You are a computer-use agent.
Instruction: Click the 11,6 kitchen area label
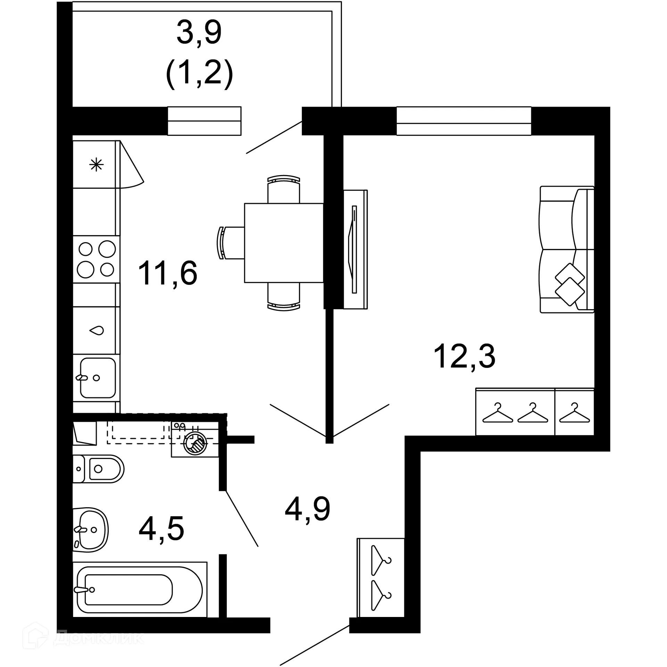pyautogui.click(x=168, y=273)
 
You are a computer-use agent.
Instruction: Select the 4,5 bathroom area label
pyautogui.click(x=161, y=529)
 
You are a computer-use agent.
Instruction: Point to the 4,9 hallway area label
pyautogui.click(x=307, y=510)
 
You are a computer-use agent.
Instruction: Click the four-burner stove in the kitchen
pyautogui.click(x=96, y=260)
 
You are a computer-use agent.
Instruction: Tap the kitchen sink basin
pyautogui.click(x=98, y=378)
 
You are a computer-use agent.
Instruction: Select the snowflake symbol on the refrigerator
pyautogui.click(x=96, y=164)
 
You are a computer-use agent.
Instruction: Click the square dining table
pyautogui.click(x=284, y=243)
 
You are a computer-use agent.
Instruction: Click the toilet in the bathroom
pyautogui.click(x=99, y=469)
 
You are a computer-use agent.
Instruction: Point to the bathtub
pyautogui.click(x=139, y=590)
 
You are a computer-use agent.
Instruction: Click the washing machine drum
pyautogui.click(x=196, y=444)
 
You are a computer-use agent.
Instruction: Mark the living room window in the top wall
pyautogui.click(x=463, y=121)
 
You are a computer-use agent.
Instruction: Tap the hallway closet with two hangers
pyautogui.click(x=381, y=578)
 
